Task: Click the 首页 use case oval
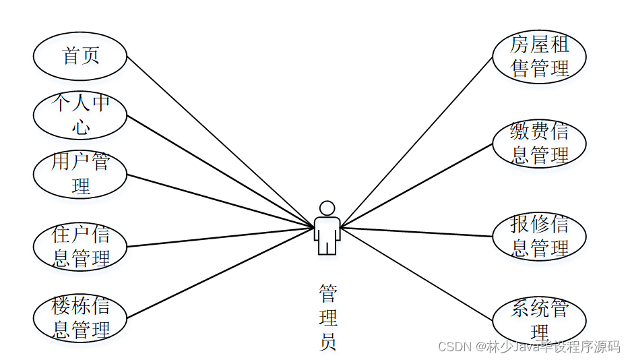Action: click(x=80, y=56)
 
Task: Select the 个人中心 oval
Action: click(x=80, y=115)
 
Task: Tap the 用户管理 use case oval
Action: click(x=80, y=174)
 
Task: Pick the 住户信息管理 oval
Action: click(x=80, y=247)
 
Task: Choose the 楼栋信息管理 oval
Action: click(x=80, y=318)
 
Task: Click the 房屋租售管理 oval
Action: click(x=539, y=57)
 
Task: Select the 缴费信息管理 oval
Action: click(x=539, y=143)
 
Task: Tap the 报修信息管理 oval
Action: click(x=539, y=237)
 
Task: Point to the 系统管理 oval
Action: click(x=539, y=321)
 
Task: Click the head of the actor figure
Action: click(x=327, y=208)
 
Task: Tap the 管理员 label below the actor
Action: click(x=327, y=318)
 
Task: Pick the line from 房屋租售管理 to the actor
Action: click(x=418, y=139)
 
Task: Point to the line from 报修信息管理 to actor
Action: click(x=418, y=232)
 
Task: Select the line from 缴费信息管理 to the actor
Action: click(x=418, y=183)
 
